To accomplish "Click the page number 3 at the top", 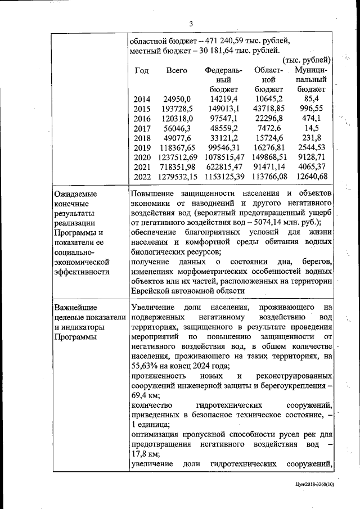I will [191, 24].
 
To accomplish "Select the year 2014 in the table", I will [142, 100].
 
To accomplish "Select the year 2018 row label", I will [142, 138].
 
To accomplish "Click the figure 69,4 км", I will [143, 397].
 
